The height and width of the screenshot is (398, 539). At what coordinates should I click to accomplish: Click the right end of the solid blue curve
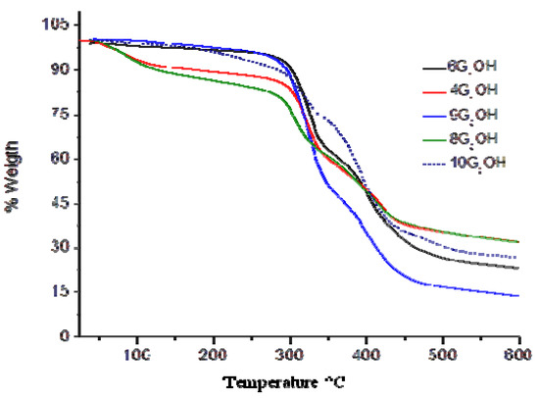pos(517,295)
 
